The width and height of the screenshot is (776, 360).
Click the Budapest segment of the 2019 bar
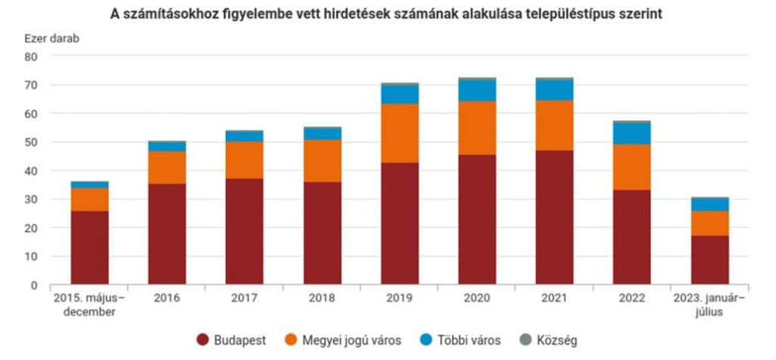[x=399, y=224]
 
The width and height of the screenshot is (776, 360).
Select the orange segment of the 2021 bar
[x=554, y=125]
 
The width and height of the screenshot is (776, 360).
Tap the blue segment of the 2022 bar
[x=632, y=133]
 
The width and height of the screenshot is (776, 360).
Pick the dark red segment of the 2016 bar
[x=167, y=233]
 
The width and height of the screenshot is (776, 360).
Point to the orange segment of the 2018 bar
[x=322, y=161]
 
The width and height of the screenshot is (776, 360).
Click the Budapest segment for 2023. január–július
[x=709, y=260]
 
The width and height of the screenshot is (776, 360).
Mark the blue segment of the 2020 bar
[x=477, y=90]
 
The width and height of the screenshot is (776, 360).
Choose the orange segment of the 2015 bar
[x=89, y=199]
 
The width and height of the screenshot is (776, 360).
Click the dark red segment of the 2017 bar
[x=245, y=231]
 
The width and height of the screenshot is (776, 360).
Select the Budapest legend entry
[x=231, y=340]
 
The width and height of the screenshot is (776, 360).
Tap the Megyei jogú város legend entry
[x=346, y=340]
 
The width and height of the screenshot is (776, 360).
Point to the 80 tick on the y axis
[x=31, y=57]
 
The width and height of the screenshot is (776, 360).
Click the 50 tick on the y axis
[x=31, y=142]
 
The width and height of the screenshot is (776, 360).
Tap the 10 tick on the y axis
[x=31, y=257]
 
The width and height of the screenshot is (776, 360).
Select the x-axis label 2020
[x=477, y=299]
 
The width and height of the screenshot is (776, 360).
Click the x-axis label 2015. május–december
[x=89, y=305]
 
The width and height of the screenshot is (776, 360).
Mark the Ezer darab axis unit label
[x=51, y=38]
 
